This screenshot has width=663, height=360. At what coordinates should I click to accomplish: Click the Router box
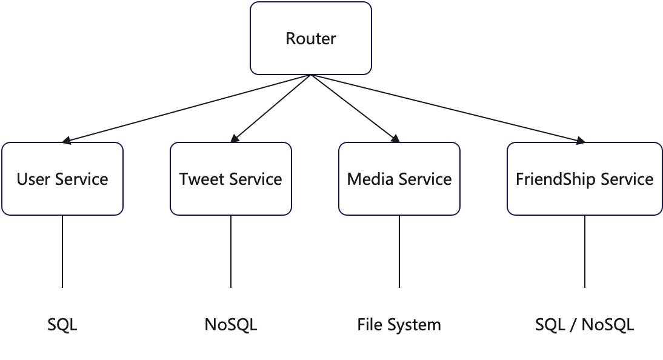311,39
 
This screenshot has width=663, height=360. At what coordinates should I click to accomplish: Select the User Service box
62,179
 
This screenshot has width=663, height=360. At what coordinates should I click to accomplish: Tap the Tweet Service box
231,179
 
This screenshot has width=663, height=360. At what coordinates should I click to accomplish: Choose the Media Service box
399,179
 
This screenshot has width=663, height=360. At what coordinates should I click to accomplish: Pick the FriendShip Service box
584,179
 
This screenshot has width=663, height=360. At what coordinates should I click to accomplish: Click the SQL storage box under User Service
62,324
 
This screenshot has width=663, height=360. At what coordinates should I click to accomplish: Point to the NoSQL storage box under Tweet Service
231,324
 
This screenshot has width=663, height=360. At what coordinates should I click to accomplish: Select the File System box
399,324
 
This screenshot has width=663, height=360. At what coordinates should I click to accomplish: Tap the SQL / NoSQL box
584,324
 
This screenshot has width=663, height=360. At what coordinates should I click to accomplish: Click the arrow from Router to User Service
187,109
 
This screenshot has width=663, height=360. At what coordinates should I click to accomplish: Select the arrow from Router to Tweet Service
271,109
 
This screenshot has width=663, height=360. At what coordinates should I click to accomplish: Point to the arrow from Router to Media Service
355,109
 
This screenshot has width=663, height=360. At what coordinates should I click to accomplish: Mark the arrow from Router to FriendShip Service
447,109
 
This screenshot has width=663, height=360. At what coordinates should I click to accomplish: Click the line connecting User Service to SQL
62,252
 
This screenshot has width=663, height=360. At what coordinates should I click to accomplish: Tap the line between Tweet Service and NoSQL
231,252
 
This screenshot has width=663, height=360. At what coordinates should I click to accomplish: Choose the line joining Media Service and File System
399,252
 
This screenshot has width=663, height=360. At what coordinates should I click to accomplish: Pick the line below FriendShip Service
584,252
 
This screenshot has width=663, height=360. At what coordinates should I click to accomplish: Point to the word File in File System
370,325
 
